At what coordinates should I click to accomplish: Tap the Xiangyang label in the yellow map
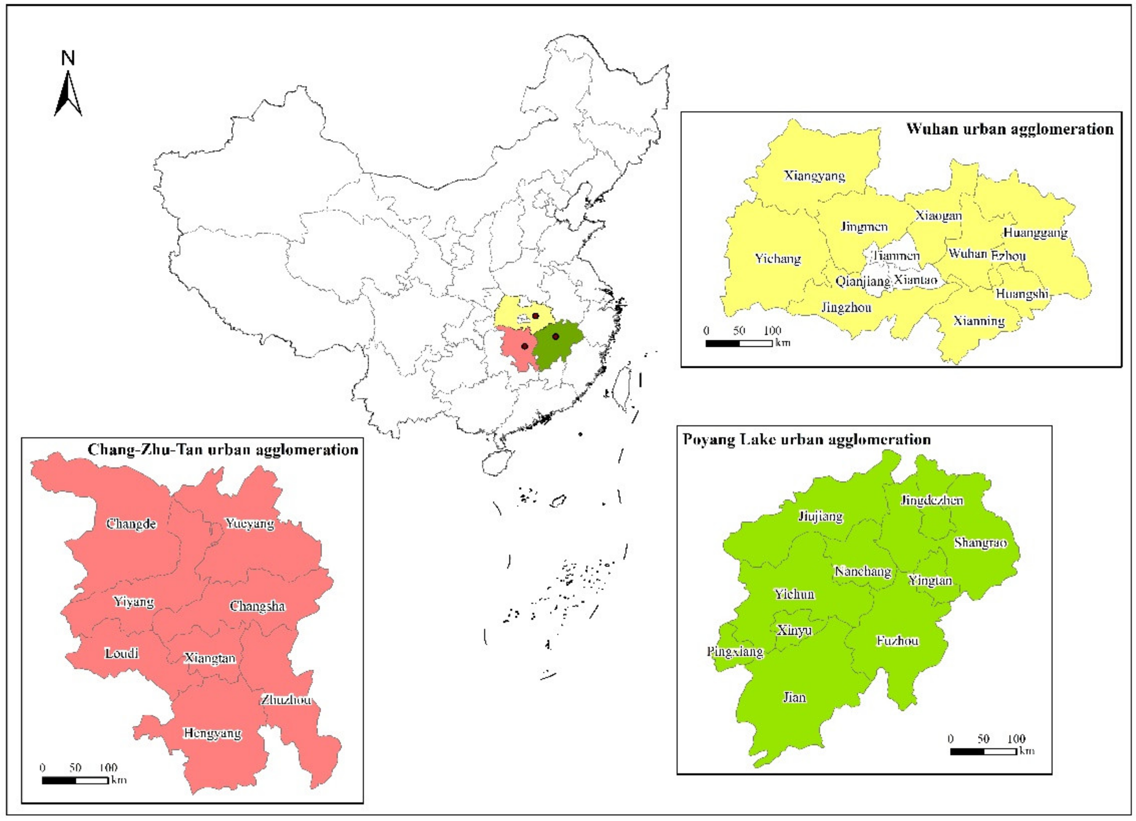(x=814, y=176)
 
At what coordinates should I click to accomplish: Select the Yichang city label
(x=778, y=258)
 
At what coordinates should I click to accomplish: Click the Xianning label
(x=979, y=321)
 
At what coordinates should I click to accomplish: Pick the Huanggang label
(x=1035, y=232)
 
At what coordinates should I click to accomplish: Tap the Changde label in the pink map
(x=131, y=524)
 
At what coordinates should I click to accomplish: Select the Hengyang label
(x=212, y=733)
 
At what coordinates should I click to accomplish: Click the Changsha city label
(x=257, y=606)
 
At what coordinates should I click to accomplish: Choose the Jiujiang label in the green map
(x=821, y=517)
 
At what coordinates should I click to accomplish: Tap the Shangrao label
(x=980, y=542)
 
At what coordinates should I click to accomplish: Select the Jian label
(x=794, y=697)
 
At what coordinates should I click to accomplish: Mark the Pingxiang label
(x=735, y=652)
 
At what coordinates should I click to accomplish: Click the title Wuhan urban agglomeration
(x=1010, y=129)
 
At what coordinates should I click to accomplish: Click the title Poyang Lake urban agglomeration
(x=807, y=440)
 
